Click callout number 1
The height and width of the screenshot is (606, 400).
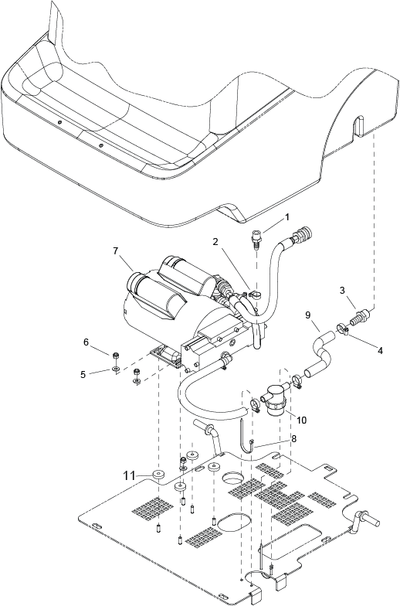click(x=286, y=217)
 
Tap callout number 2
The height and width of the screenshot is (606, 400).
click(x=215, y=242)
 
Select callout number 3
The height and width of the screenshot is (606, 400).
click(x=342, y=290)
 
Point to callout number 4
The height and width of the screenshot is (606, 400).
click(x=380, y=351)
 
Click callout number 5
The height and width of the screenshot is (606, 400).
click(x=83, y=374)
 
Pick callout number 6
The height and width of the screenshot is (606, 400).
click(x=86, y=342)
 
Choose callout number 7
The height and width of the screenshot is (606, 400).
click(x=116, y=250)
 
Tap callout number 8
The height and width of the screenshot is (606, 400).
click(x=294, y=439)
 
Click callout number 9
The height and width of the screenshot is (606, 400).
click(x=307, y=315)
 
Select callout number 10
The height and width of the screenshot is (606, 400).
click(x=301, y=420)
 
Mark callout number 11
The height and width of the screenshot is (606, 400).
click(x=130, y=475)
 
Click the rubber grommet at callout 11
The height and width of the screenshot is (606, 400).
click(x=158, y=475)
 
